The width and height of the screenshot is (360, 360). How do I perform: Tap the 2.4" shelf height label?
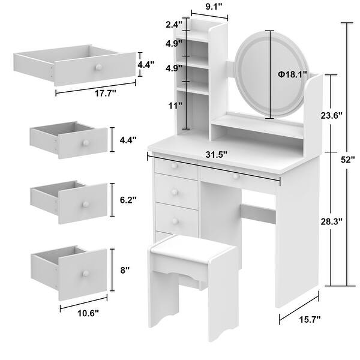point(174,26)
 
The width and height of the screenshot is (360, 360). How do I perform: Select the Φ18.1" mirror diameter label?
point(292,74)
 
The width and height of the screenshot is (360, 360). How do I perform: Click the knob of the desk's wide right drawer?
point(236,176)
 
